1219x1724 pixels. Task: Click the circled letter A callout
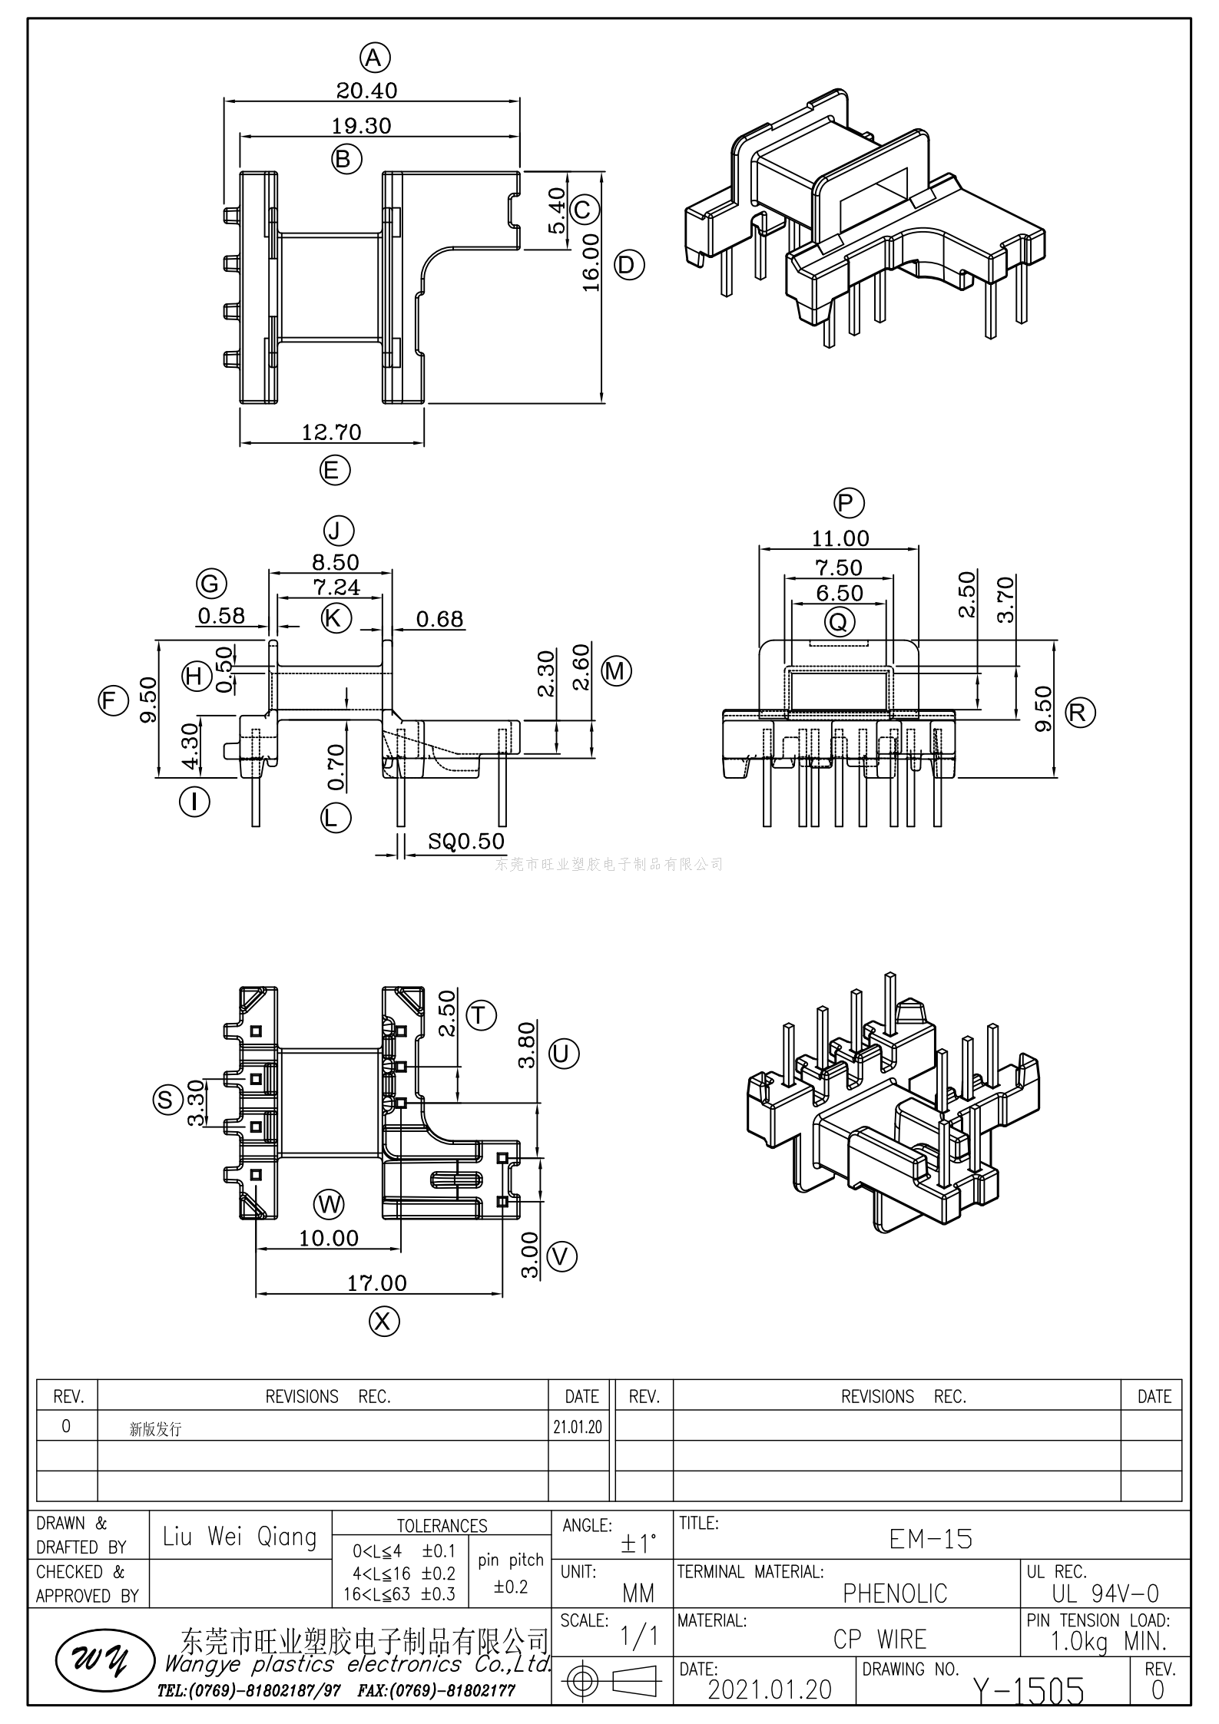pyautogui.click(x=374, y=58)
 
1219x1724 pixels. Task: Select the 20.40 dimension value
pyautogui.click(x=367, y=91)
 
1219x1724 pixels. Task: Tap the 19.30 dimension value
pyautogui.click(x=361, y=126)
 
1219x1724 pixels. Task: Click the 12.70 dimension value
pyautogui.click(x=331, y=432)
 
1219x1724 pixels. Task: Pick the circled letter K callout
pyautogui.click(x=336, y=617)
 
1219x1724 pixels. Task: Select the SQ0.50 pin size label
pyautogui.click(x=466, y=841)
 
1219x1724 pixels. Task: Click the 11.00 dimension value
pyautogui.click(x=840, y=538)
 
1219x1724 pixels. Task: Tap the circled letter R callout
pyautogui.click(x=1080, y=713)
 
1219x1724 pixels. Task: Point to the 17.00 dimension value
pyautogui.click(x=377, y=1283)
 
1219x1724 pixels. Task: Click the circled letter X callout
pyautogui.click(x=384, y=1321)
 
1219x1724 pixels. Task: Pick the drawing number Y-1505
pyautogui.click(x=1029, y=1691)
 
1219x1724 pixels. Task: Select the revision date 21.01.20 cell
pyautogui.click(x=578, y=1427)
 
